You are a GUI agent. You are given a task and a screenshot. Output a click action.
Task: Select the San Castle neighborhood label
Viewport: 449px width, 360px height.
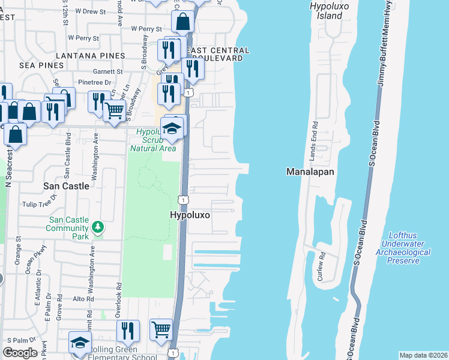click(x=66, y=186)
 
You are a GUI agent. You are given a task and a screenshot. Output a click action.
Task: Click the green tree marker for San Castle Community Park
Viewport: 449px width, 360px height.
click(x=97, y=227)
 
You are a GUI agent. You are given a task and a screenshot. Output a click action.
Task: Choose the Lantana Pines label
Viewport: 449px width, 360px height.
click(x=91, y=55)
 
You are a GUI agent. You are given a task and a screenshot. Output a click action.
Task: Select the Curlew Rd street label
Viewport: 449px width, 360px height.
click(x=322, y=266)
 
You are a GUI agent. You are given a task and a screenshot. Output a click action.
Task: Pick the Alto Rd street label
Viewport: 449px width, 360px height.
click(x=82, y=298)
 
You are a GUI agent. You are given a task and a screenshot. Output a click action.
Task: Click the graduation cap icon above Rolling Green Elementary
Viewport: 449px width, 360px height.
click(x=79, y=342)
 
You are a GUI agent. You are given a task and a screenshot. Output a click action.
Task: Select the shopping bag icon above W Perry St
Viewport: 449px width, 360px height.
click(x=182, y=22)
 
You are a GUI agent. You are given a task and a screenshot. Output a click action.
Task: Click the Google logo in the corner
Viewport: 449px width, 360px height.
click(x=20, y=353)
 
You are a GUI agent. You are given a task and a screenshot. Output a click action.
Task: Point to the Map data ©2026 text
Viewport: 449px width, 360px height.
click(x=423, y=355)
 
